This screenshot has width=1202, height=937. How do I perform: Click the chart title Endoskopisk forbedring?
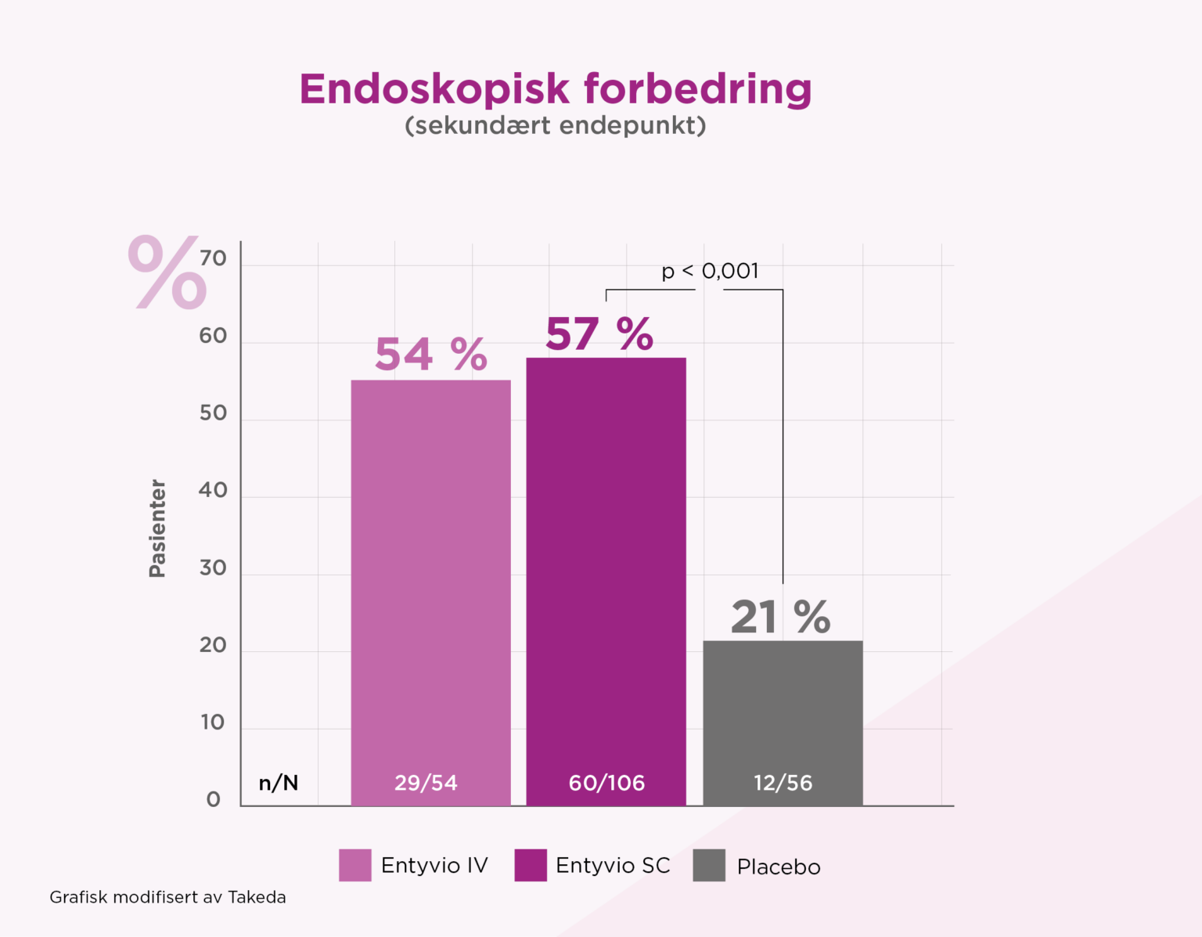click(555, 88)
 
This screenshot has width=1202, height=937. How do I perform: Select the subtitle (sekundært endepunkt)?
click(555, 125)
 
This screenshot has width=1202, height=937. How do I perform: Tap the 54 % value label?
click(430, 355)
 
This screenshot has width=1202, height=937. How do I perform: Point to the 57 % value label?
click(599, 334)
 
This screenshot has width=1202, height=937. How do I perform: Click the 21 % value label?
click(780, 617)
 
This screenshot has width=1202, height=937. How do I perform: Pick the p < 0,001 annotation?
click(710, 271)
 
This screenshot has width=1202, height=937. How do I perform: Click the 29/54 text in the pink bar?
click(426, 783)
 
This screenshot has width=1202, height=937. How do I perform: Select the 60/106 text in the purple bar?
click(606, 783)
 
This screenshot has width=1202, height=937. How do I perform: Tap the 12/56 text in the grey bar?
click(783, 783)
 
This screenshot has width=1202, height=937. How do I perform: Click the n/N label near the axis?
click(279, 783)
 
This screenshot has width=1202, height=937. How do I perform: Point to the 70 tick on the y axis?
click(213, 258)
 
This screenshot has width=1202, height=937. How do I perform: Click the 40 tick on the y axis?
click(213, 490)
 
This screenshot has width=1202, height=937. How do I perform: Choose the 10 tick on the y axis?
click(213, 722)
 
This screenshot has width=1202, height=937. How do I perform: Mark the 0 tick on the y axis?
click(214, 799)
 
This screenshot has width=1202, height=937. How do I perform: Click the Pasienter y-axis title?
click(157, 528)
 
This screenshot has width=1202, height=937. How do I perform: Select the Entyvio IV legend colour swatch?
click(355, 865)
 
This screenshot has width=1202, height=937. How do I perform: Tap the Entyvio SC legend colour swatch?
click(531, 865)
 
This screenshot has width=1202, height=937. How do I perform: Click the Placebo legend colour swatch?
click(709, 865)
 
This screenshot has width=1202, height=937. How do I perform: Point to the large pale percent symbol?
click(167, 272)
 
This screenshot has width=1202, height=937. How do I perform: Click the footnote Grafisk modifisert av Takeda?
click(167, 897)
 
